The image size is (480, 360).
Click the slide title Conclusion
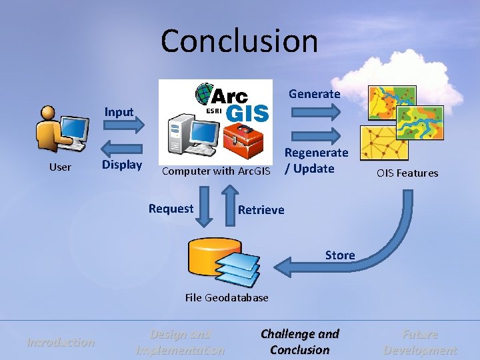[x=239, y=41]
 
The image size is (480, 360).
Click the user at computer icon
[x=63, y=129]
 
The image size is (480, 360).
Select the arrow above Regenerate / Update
[x=316, y=137]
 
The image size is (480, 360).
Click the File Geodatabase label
[x=227, y=297]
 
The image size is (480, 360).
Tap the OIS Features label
[x=407, y=173]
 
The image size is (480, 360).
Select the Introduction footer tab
[x=61, y=342]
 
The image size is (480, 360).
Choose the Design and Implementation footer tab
[x=180, y=342]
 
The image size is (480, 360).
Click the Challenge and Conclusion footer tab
[x=300, y=342]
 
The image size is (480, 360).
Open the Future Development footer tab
[x=420, y=342]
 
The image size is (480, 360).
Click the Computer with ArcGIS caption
[x=217, y=171]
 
